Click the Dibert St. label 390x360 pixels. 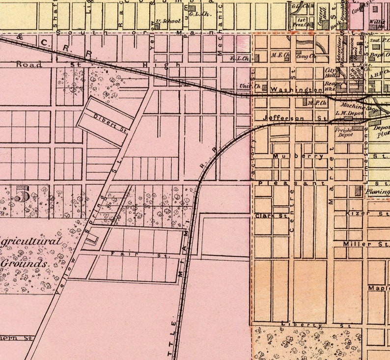pos(111,122)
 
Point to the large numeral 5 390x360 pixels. pos(22,195)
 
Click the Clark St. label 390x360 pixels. pos(267,216)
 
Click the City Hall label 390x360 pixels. pos(331,73)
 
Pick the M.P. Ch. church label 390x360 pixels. pos(317,103)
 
